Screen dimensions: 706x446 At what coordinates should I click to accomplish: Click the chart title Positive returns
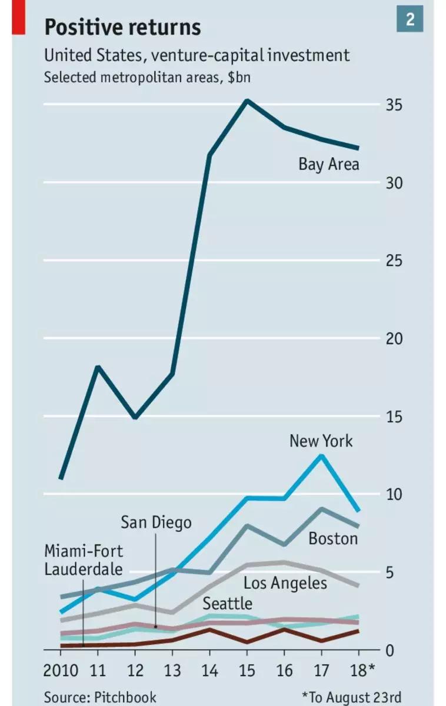122,27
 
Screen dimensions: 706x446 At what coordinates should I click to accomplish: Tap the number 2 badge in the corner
410,19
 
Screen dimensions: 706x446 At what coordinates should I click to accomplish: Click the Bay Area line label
328,164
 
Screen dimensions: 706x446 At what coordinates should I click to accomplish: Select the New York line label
321,441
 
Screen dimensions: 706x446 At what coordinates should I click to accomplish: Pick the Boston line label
333,538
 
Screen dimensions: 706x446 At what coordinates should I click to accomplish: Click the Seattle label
227,603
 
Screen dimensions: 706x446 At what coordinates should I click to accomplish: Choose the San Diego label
156,522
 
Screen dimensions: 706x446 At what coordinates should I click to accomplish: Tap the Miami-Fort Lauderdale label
84,560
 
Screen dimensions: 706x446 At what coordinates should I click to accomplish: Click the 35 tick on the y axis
393,105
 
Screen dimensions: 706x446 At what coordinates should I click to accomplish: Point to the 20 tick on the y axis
393,339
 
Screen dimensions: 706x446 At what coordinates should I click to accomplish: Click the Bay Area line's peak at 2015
247,101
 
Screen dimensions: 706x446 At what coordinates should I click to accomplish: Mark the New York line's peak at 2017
321,455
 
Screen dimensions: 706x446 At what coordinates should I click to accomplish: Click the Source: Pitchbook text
100,697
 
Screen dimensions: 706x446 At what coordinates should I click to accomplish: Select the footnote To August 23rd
351,697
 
